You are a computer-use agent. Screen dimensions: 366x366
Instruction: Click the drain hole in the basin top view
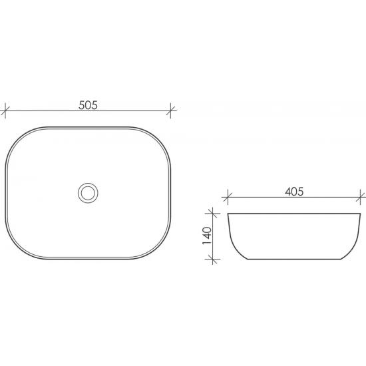[x=87, y=193]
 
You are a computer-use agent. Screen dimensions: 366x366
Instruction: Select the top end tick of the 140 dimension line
[x=214, y=214]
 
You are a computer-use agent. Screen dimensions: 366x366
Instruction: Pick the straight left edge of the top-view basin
[x=6, y=193]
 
